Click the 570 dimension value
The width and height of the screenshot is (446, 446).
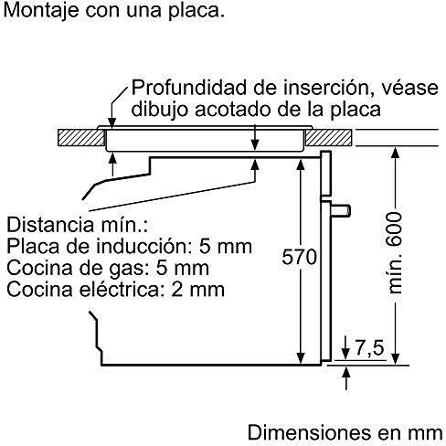point(299,257)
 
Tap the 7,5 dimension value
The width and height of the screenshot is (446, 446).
point(369,347)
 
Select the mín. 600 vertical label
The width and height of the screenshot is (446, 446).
point(394,253)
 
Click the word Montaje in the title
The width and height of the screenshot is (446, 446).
point(41,11)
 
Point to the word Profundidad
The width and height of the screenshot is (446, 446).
point(189,88)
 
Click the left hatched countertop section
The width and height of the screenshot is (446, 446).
point(81,138)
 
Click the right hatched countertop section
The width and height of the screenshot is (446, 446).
point(329,137)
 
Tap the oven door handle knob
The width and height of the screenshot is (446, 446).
point(341,211)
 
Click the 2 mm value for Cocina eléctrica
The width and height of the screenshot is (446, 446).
point(197,290)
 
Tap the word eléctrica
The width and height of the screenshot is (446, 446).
point(120,290)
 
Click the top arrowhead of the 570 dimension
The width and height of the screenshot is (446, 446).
point(301,165)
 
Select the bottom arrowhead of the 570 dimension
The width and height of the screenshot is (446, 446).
point(301,358)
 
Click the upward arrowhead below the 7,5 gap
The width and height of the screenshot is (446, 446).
point(345,373)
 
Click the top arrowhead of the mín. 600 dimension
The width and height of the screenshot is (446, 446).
point(396,153)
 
